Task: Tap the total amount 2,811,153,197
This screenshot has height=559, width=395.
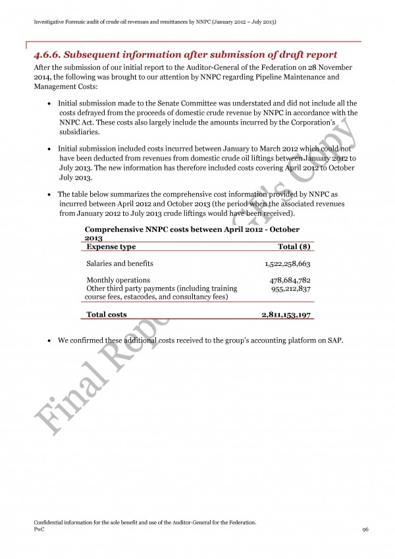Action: pyautogui.click(x=286, y=315)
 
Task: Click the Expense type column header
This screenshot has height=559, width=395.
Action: pyautogui.click(x=111, y=246)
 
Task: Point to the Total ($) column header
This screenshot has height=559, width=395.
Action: pyautogui.click(x=294, y=246)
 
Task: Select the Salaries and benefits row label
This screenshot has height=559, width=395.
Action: pyautogui.click(x=119, y=263)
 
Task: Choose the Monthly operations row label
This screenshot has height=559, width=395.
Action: pyautogui.click(x=118, y=280)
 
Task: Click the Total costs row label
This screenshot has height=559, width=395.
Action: pyautogui.click(x=107, y=315)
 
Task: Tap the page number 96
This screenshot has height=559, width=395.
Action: pyautogui.click(x=365, y=530)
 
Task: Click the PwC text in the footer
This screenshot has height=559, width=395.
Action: pyautogui.click(x=38, y=530)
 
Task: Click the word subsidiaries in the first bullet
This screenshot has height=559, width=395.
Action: pyautogui.click(x=79, y=132)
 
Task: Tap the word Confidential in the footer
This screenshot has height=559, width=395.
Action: pyautogui.click(x=51, y=523)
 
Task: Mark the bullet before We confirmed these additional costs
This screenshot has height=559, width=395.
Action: pyautogui.click(x=51, y=340)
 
